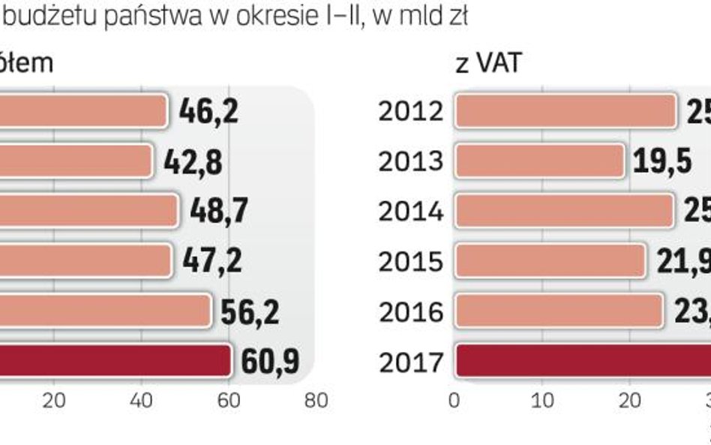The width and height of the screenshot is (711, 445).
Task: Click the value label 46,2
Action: click(x=208, y=112)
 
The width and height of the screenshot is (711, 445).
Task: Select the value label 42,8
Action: click(x=192, y=161)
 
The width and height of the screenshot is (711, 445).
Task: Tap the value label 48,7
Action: click(x=218, y=212)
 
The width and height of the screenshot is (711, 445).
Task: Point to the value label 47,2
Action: click(x=211, y=260)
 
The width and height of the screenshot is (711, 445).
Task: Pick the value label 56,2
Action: click(x=249, y=311)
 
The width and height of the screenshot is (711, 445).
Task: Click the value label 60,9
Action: click(x=269, y=361)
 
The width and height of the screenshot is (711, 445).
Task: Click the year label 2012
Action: click(x=410, y=113)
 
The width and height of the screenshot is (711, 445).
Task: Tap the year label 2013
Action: click(x=410, y=162)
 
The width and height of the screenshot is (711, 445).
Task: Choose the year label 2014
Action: click(x=410, y=212)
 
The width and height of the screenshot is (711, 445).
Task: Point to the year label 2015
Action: click(x=410, y=262)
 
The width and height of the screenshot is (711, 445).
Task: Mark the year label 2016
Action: click(x=410, y=312)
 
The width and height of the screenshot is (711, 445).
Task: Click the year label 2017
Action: click(x=410, y=362)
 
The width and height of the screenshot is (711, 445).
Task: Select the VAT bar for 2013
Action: click(x=539, y=161)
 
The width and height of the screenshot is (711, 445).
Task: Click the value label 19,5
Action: click(x=661, y=161)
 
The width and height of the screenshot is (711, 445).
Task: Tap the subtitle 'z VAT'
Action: click(x=488, y=64)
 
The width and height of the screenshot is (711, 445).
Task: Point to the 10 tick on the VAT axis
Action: click(x=543, y=401)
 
